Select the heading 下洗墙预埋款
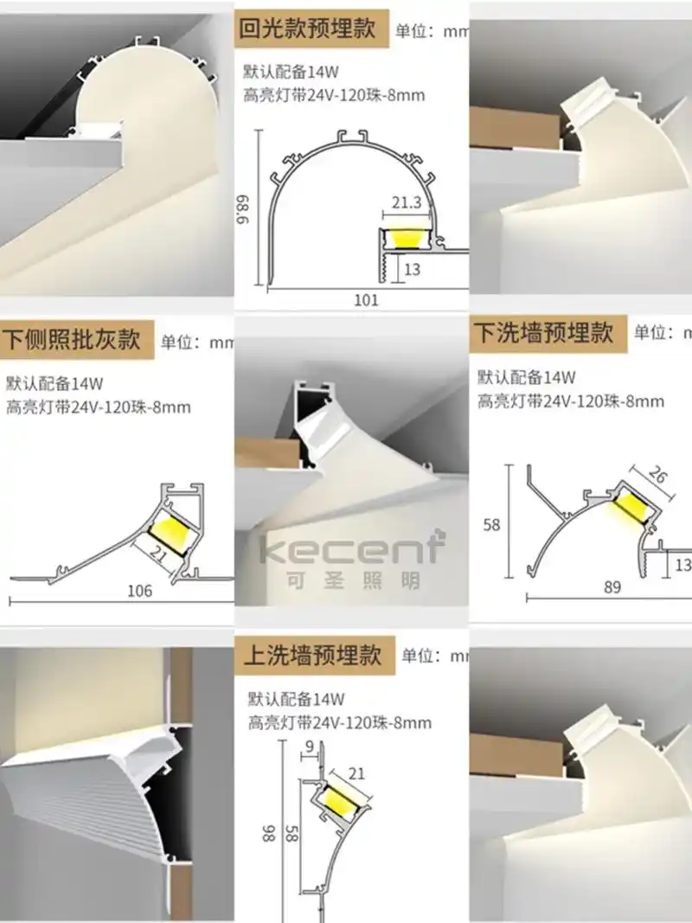(543, 331)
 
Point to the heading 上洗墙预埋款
(313, 654)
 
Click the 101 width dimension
(367, 300)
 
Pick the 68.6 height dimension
(245, 208)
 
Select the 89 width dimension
(613, 587)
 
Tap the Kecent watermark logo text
(353, 548)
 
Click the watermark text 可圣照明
(353, 580)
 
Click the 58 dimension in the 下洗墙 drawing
(491, 524)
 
